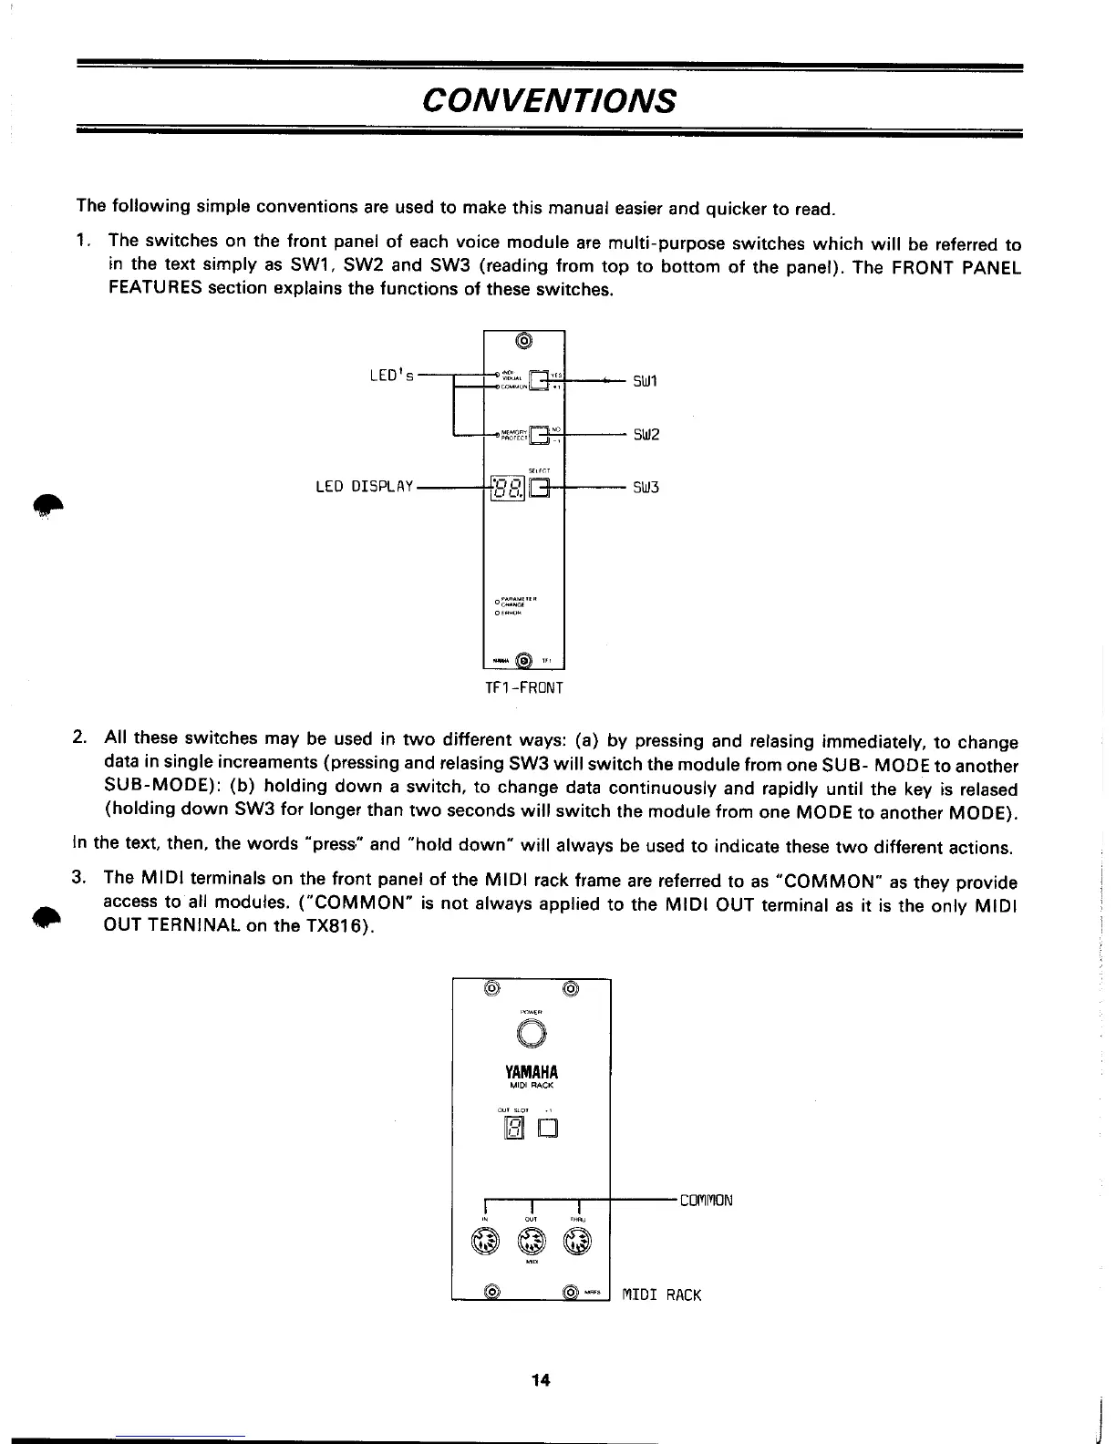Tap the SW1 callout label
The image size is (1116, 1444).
[646, 379]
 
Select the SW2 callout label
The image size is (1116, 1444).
[646, 434]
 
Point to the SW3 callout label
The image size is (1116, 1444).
[646, 488]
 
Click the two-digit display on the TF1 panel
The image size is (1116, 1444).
[507, 489]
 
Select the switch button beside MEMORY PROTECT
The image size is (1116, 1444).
[541, 437]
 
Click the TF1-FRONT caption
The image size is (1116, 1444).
[524, 687]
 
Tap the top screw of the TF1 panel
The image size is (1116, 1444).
[523, 342]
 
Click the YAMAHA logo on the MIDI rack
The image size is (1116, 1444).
[530, 1071]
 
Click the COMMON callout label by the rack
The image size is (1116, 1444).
[706, 1200]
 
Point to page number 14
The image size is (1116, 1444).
[542, 1379]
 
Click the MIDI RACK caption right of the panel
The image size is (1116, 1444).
[662, 1294]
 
